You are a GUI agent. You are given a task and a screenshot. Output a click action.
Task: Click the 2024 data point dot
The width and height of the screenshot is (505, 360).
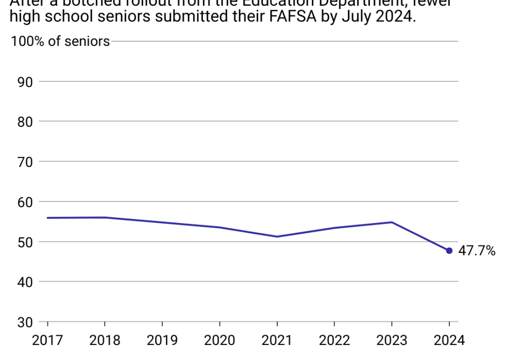449,251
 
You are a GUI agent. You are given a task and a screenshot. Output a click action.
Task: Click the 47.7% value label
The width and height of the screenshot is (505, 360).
477,251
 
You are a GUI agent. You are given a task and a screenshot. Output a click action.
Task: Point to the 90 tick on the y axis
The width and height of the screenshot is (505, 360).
25,82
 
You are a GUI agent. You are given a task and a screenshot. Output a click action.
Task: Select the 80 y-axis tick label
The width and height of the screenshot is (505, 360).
25,122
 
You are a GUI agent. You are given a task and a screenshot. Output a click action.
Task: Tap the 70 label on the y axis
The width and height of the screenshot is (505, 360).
25,162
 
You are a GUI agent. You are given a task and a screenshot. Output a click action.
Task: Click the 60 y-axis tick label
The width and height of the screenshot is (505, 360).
25,202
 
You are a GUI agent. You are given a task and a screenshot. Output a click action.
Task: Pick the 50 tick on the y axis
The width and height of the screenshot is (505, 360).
25,242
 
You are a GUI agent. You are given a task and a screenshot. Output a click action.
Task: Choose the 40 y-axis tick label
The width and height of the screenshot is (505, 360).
25,282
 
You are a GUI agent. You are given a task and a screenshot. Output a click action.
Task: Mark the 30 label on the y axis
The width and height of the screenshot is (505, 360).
25,322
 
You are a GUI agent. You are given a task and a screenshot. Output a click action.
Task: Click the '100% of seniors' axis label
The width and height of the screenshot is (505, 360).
60,42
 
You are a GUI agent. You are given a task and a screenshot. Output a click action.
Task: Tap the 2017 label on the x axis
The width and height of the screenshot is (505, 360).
47,340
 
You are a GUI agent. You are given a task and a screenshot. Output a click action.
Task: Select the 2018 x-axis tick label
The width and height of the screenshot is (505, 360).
105,340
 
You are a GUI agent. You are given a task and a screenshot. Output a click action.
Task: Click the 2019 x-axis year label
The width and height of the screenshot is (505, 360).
162,340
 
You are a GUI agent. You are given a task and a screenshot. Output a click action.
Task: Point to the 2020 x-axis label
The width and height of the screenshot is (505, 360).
220,340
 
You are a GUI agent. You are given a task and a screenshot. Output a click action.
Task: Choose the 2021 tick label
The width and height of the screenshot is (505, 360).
277,340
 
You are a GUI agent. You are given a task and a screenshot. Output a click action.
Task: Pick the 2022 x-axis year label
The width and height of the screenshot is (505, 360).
334,340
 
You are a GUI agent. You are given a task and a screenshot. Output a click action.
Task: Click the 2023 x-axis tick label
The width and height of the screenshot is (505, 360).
392,340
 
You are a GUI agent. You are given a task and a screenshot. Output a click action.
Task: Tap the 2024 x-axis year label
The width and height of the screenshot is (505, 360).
449,340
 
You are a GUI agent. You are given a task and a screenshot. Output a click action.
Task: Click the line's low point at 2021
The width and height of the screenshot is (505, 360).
277,236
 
